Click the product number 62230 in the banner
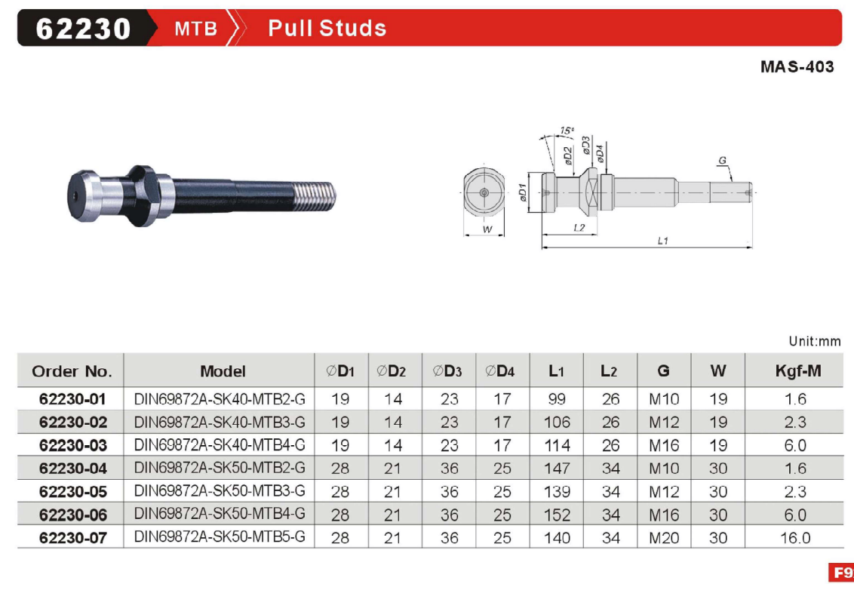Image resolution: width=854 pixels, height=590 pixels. coord(83,29)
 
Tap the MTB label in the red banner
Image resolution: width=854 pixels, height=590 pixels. coord(196,29)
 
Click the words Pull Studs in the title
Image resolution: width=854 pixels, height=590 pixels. coord(327,29)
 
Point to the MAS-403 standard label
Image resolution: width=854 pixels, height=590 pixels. coord(797,66)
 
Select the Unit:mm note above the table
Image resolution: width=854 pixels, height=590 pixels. coord(814,341)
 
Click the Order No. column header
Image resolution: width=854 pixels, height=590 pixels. coord(72,371)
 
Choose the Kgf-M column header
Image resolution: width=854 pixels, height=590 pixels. coord(798,371)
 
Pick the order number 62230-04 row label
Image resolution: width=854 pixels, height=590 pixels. coord(73,469)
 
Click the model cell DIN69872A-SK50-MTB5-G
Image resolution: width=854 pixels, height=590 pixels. coord(220,537)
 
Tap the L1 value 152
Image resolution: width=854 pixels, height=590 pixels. coord(558,515)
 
